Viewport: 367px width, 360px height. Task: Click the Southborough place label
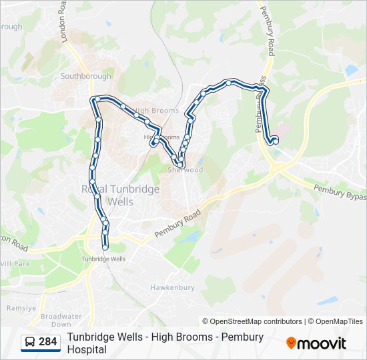click(86, 76)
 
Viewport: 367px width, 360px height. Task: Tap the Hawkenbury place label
click(172, 287)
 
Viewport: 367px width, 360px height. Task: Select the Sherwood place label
click(186, 170)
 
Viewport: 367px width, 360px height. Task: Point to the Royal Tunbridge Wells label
click(120, 195)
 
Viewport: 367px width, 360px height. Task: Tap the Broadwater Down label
click(60, 320)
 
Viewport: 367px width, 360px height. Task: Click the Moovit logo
click(316, 343)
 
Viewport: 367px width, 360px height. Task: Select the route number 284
click(48, 342)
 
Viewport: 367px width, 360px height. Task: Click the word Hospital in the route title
click(87, 349)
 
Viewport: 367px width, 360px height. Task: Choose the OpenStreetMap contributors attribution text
click(252, 321)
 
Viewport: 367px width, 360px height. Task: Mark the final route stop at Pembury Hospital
click(274, 140)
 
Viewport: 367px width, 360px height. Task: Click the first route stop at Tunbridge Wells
click(105, 249)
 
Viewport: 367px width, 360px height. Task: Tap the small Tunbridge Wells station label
click(103, 259)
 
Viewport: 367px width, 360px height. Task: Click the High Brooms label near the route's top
click(156, 111)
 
